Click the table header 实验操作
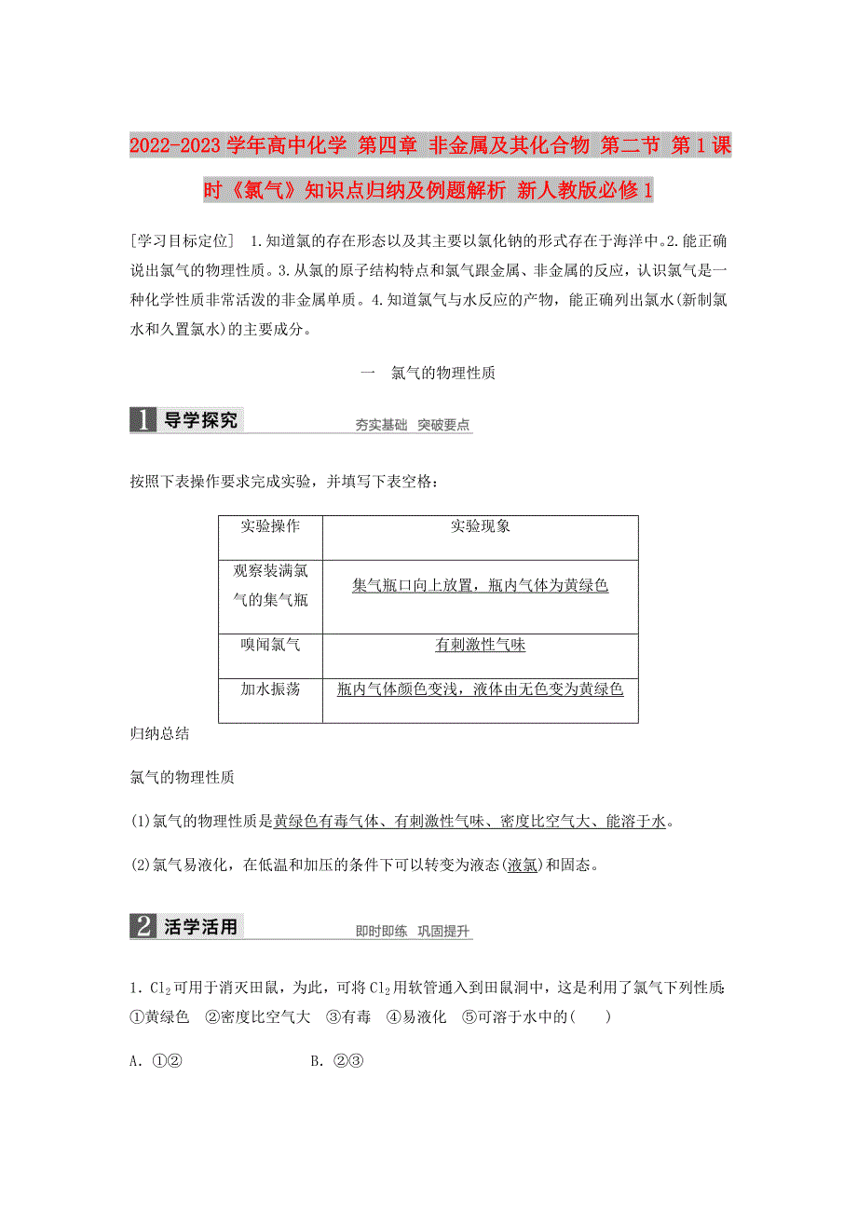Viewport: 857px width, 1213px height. pyautogui.click(x=270, y=526)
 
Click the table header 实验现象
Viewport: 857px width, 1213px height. pyautogui.click(x=480, y=526)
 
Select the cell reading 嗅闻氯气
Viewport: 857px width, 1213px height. pyautogui.click(x=270, y=644)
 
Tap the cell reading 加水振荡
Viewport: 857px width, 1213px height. pyautogui.click(x=270, y=689)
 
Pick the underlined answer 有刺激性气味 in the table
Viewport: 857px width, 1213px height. pyautogui.click(x=480, y=645)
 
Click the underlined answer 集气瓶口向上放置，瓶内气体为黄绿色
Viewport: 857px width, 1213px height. pyautogui.click(x=480, y=586)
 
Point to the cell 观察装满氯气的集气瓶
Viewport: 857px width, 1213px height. pyautogui.click(x=270, y=585)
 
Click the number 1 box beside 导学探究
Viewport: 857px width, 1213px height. pyautogui.click(x=143, y=421)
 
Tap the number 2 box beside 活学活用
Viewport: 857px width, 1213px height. pyautogui.click(x=143, y=927)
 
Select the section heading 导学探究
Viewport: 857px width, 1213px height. pyautogui.click(x=200, y=421)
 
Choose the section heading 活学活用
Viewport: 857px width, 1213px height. pyautogui.click(x=200, y=927)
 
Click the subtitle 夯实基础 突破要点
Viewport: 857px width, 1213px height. pyautogui.click(x=413, y=426)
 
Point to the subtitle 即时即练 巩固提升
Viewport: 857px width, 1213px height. pyautogui.click(x=413, y=932)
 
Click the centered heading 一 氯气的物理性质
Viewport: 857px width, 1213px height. pyautogui.click(x=428, y=373)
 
